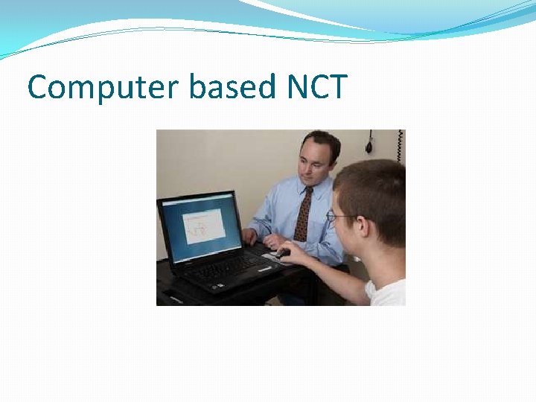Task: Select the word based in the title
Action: click(x=232, y=87)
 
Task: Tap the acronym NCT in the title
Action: click(x=316, y=87)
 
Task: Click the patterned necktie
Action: click(x=303, y=216)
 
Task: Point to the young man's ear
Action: click(x=367, y=227)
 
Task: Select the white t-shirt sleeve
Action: click(x=387, y=293)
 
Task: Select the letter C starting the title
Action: click(x=37, y=88)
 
